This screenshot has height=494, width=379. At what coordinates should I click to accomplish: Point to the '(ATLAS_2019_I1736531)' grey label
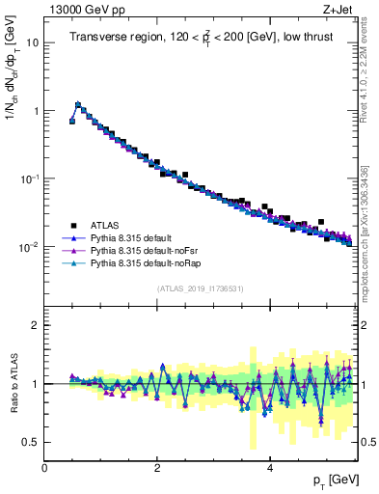(200, 289)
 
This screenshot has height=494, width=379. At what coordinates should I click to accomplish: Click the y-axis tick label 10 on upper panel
(33, 43)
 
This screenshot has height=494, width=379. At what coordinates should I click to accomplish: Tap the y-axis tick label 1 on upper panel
(36, 111)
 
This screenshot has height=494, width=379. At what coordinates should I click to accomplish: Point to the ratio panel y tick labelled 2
(36, 325)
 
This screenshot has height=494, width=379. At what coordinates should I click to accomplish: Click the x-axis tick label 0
(44, 468)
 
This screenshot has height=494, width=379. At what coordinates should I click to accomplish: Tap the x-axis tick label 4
(269, 468)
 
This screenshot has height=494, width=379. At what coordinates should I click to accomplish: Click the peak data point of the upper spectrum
(78, 104)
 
